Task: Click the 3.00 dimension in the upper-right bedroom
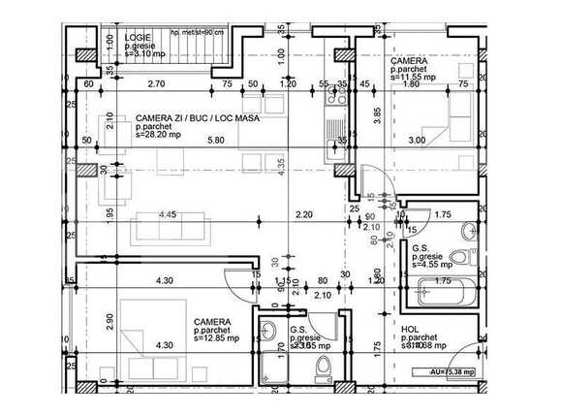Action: (417, 141)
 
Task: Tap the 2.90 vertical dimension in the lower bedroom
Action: (109, 322)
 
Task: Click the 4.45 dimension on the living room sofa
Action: (169, 213)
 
